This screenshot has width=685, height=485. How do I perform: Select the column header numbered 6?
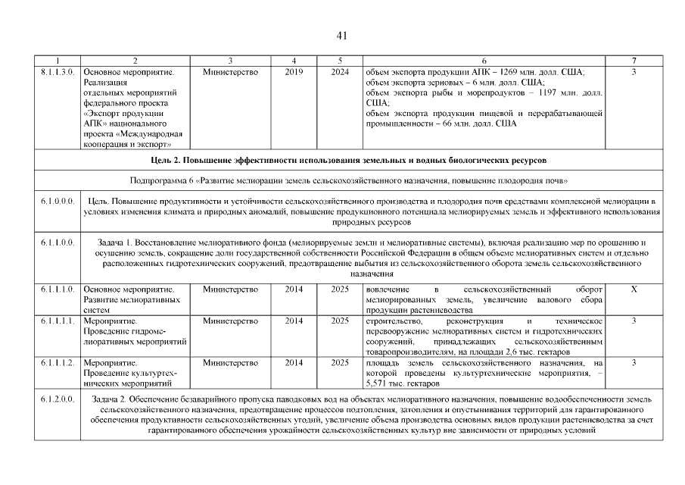(x=484, y=61)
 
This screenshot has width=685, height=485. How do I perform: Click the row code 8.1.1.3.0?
(x=57, y=72)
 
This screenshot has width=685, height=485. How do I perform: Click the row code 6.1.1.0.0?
(x=57, y=242)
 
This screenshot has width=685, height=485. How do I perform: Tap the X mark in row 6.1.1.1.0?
(x=634, y=290)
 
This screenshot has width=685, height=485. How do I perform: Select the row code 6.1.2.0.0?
(x=57, y=398)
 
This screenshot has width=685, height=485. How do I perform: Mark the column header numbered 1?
(x=57, y=61)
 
